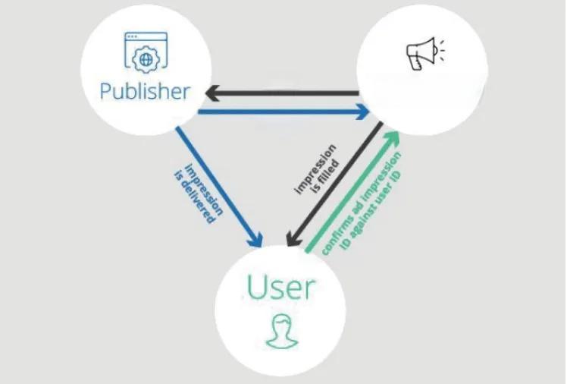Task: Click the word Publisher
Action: pyautogui.click(x=144, y=92)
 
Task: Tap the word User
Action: pyautogui.click(x=280, y=288)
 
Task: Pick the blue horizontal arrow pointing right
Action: pyautogui.click(x=280, y=112)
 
